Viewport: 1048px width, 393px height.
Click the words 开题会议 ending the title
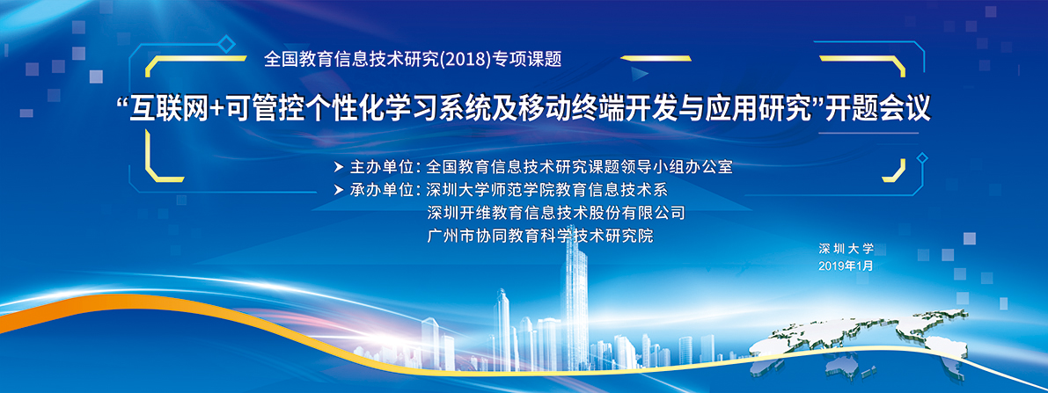pos(877,109)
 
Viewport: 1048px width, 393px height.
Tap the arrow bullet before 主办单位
pos(338,166)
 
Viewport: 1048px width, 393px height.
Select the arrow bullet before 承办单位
pos(338,189)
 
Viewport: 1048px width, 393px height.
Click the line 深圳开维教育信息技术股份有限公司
pos(555,213)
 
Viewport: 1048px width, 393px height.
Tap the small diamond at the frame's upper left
pos(227,45)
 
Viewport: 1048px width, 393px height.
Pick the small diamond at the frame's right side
pos(922,157)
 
